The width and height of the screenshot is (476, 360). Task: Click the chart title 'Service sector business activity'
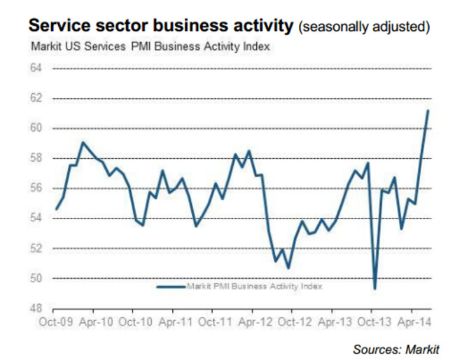(x=160, y=27)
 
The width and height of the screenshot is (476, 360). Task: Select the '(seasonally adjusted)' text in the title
(x=364, y=28)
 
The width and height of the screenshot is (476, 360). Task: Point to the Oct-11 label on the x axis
(x=215, y=323)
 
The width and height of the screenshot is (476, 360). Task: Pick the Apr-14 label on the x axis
(x=414, y=323)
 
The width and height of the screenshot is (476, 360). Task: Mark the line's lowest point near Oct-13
(x=375, y=288)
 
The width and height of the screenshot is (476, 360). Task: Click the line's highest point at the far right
(x=428, y=111)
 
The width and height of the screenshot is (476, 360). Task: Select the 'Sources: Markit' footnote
(x=396, y=349)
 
